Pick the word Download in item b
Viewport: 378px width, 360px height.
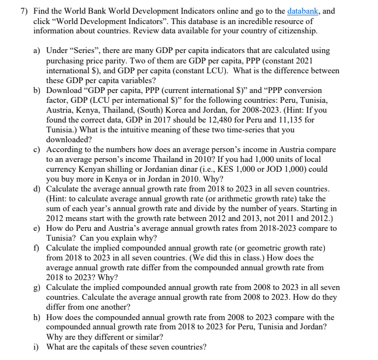click(x=65, y=90)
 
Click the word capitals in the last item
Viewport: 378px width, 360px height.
click(x=111, y=347)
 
